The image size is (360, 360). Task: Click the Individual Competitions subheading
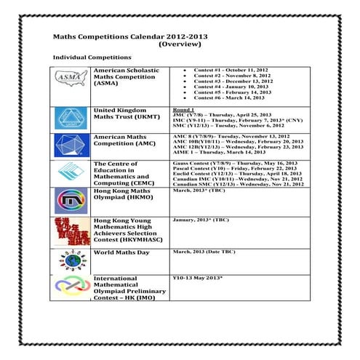pos(92,57)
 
